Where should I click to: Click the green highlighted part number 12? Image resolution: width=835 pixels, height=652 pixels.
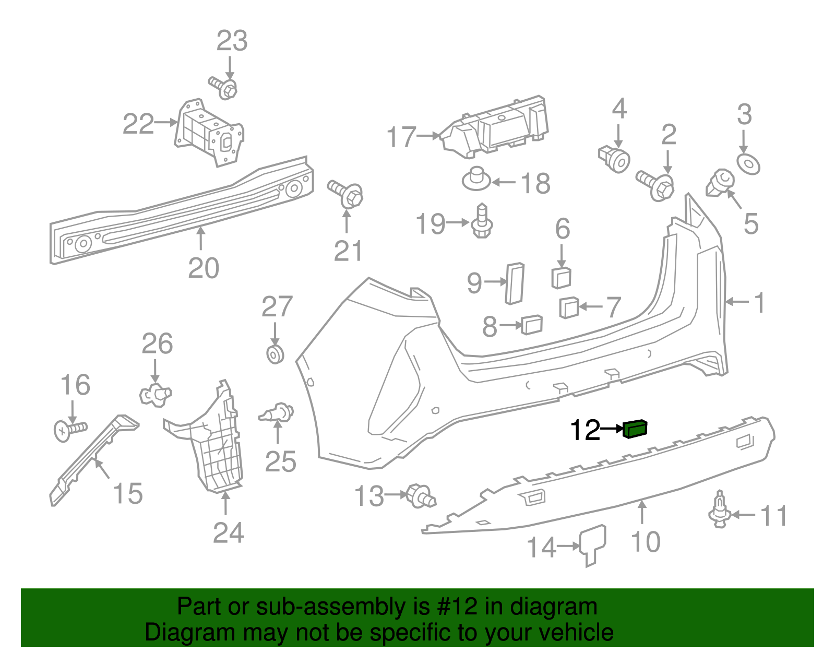coord(635,429)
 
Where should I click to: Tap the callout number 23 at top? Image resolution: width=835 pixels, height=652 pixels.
coord(232,41)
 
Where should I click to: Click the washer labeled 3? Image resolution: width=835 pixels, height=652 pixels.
coord(748,164)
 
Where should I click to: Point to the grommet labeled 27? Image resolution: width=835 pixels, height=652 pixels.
coord(275,354)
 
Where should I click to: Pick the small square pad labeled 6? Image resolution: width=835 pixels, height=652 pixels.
coord(561,278)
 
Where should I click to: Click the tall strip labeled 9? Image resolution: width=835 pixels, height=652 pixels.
coord(515,283)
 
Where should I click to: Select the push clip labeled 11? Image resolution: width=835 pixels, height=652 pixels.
coord(720,511)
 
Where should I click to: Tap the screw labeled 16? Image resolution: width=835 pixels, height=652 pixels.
coord(69,430)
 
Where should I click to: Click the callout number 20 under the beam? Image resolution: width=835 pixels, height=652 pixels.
coord(204,268)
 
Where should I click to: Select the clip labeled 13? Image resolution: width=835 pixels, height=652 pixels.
coord(420,495)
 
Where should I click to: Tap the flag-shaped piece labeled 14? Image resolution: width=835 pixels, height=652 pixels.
coord(593,543)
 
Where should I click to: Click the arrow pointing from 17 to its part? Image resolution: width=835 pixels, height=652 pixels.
coord(429,136)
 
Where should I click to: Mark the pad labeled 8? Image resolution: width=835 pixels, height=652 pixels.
coord(532,325)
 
